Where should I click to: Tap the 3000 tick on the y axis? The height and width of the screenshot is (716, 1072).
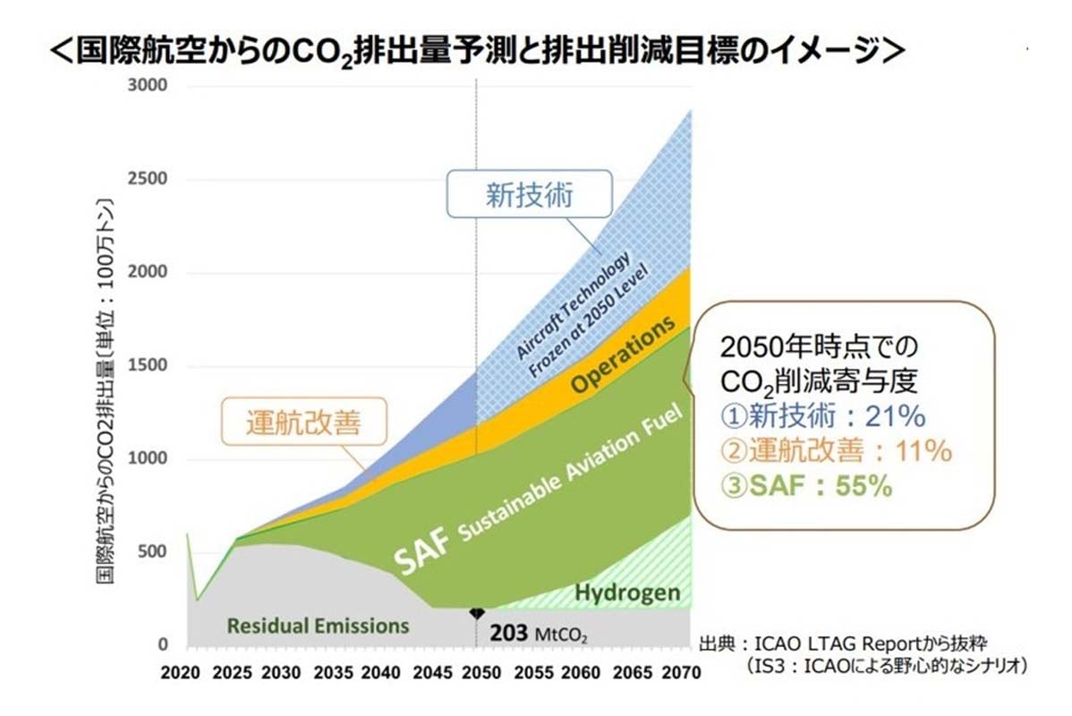pyautogui.click(x=148, y=86)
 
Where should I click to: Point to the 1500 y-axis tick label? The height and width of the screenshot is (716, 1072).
pyautogui.click(x=148, y=366)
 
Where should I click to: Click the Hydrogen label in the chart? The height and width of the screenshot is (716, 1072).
pyautogui.click(x=627, y=592)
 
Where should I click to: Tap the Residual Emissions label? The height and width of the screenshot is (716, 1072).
pyautogui.click(x=318, y=626)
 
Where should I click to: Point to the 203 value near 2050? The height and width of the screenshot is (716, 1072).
pyautogui.click(x=510, y=634)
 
